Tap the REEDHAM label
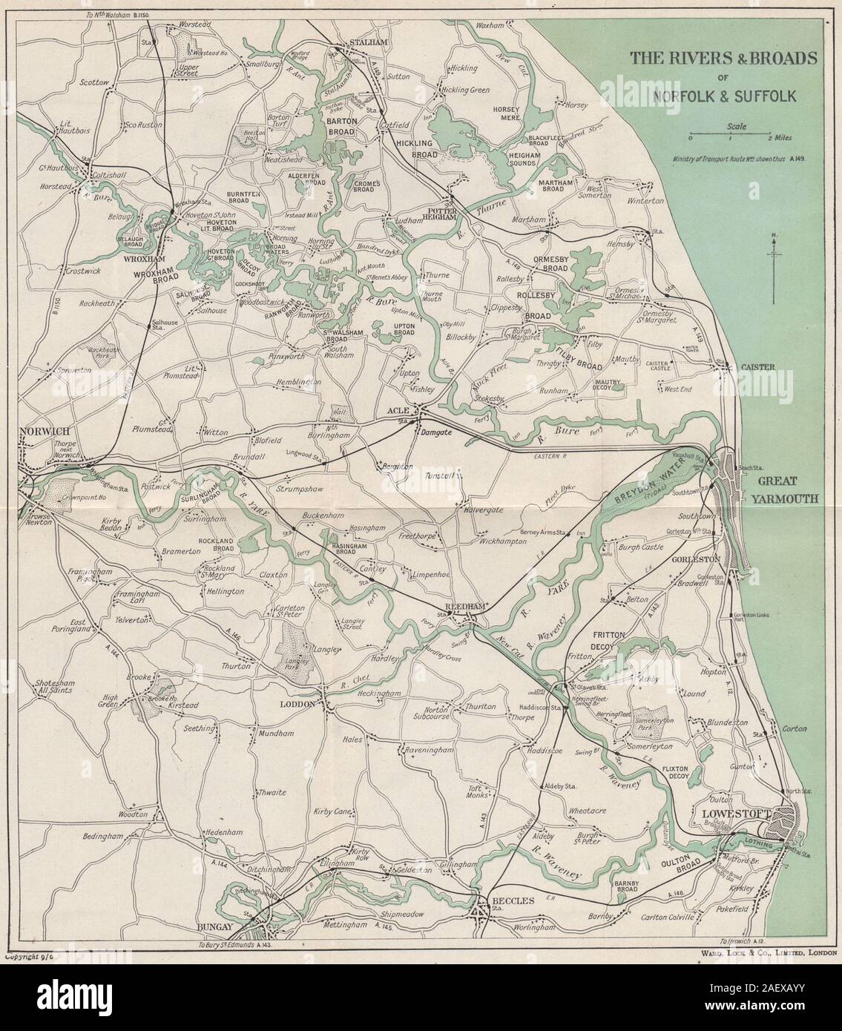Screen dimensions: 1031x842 click(465, 607)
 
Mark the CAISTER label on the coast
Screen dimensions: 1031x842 click(757, 366)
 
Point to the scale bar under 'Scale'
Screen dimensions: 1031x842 click(731, 136)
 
